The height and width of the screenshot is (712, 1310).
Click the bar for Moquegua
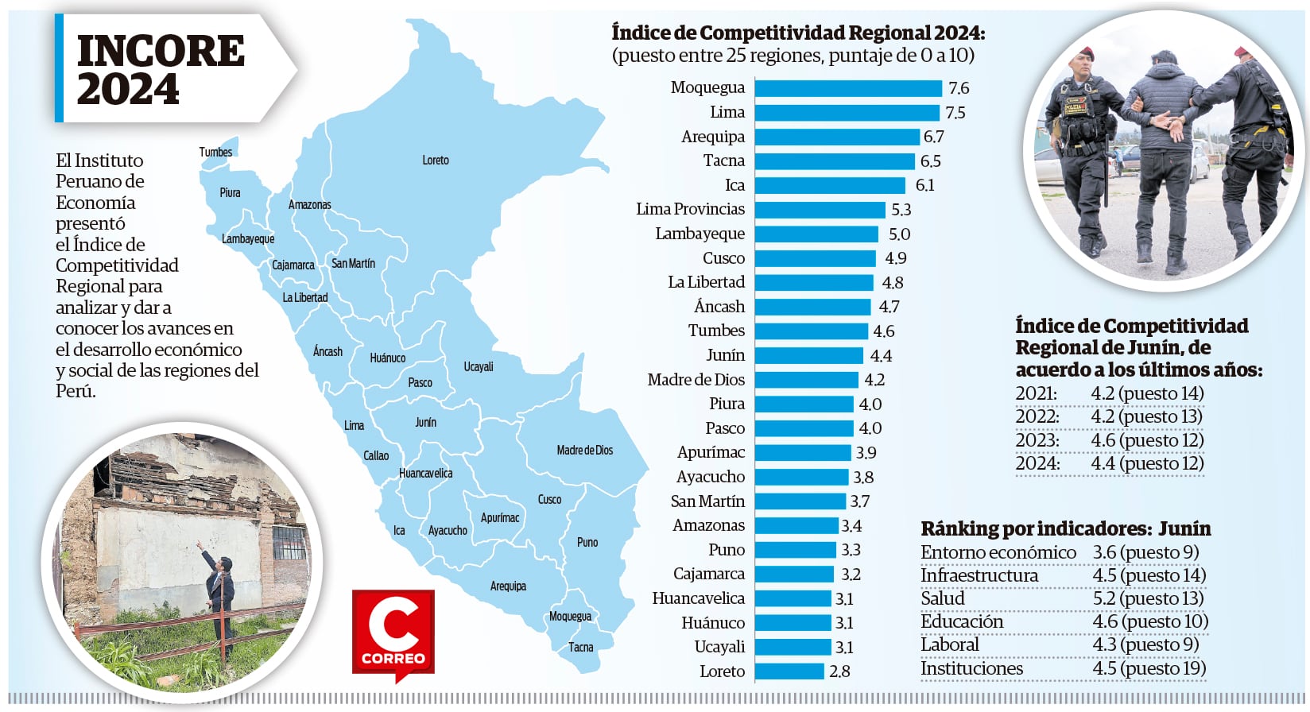click(848, 88)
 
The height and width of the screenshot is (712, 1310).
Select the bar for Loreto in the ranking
click(789, 671)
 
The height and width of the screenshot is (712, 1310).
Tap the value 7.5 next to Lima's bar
click(955, 113)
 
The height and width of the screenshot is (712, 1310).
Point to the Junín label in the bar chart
click(725, 355)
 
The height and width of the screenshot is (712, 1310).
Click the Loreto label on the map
click(436, 161)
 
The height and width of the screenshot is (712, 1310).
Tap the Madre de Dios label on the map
click(584, 451)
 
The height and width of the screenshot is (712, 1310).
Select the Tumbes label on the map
click(215, 153)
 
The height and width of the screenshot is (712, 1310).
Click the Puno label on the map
click(587, 543)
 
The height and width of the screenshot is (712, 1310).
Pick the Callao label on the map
click(376, 456)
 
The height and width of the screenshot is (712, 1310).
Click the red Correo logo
click(393, 634)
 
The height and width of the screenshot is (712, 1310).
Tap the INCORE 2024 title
click(161, 70)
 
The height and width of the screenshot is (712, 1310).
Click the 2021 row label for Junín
click(1037, 393)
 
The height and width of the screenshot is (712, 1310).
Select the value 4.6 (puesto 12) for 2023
click(1147, 440)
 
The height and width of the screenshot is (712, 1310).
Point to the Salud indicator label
click(943, 598)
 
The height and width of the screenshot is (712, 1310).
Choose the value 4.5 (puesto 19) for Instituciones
click(1149, 668)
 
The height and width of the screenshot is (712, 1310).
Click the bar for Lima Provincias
click(820, 210)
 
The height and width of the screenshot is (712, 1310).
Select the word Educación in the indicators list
click(962, 621)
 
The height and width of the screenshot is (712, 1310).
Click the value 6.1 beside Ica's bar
click(925, 186)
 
